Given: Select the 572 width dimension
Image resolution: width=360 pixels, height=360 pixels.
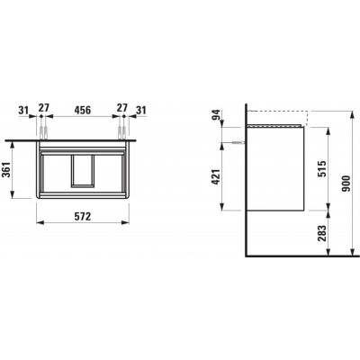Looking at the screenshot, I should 81,218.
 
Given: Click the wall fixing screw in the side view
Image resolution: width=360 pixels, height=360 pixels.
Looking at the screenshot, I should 237,141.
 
